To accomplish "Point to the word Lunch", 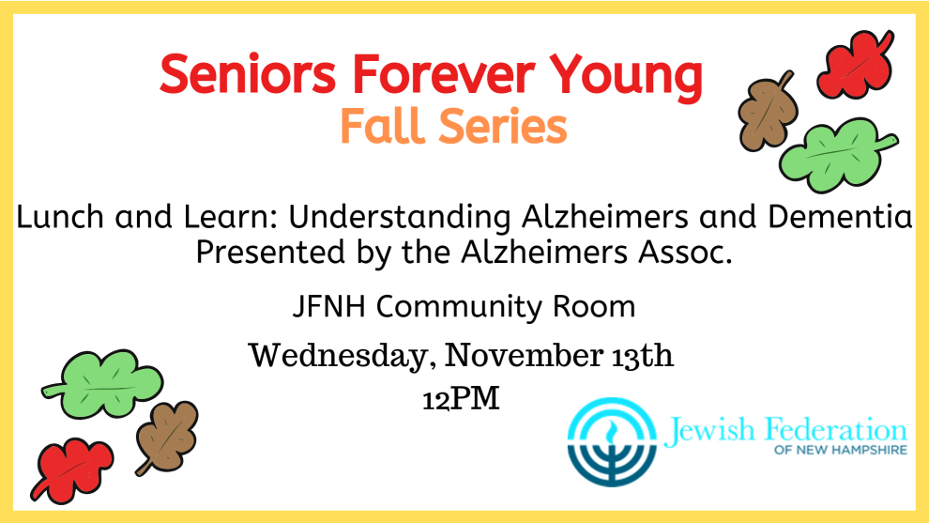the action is click(x=60, y=217).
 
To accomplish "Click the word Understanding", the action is click(x=400, y=218).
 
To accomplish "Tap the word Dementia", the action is click(x=840, y=217).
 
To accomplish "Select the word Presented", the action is click(x=270, y=252).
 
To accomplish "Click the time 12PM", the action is click(x=461, y=399).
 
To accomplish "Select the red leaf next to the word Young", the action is click(x=856, y=64).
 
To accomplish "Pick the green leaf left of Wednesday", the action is click(x=102, y=383).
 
